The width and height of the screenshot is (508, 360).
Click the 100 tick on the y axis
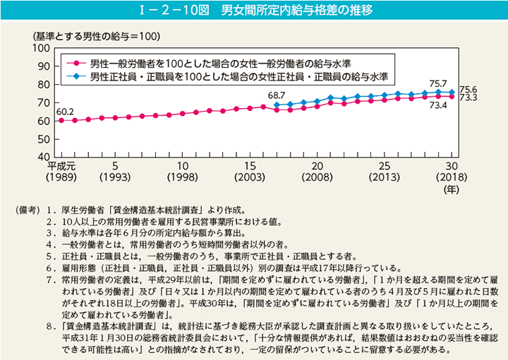point(40,48)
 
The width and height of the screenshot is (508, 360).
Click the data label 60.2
point(65,111)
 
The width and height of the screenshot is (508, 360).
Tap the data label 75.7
point(438,83)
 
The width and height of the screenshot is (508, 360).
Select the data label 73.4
point(438,105)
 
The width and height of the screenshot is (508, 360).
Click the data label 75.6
point(468,90)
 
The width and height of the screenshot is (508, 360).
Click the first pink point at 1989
point(61,120)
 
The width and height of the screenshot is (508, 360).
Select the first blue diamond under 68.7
point(276,104)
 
